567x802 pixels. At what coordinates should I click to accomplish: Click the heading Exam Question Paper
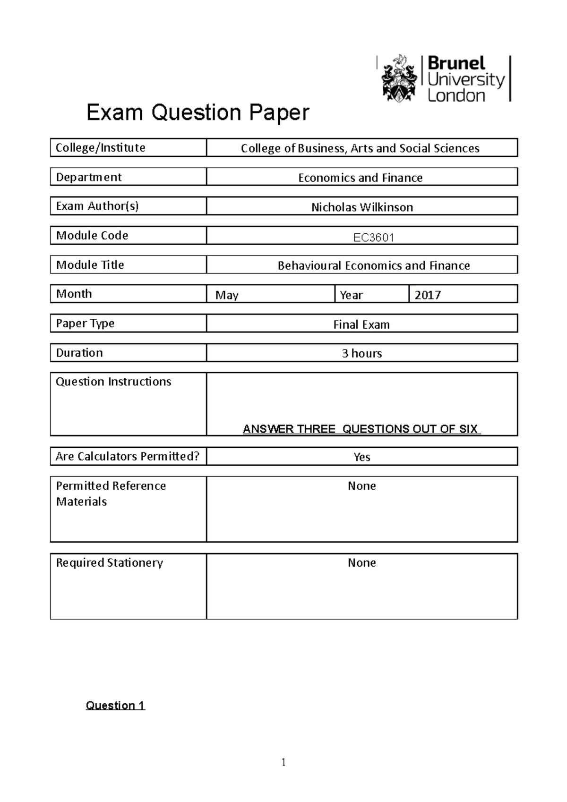198,112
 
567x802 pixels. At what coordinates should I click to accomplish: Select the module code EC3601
374,237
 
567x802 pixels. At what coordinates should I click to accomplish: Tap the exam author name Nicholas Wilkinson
362,207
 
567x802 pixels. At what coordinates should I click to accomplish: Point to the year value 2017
428,295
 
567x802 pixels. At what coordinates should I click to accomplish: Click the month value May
227,295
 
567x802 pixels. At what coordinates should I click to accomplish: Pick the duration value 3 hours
362,353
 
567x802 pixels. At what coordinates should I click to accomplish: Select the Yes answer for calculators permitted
362,457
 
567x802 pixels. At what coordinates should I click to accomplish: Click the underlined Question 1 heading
115,705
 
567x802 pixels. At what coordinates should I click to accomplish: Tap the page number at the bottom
283,762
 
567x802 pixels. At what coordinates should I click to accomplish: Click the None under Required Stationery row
362,563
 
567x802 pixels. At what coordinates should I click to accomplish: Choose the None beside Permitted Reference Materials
362,486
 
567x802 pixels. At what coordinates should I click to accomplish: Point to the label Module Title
90,265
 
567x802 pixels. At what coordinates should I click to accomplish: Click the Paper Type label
85,324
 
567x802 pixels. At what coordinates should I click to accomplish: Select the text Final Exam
361,324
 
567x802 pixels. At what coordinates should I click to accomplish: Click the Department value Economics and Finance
361,178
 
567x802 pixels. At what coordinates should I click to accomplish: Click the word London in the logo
456,95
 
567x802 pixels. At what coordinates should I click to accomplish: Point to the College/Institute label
101,148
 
